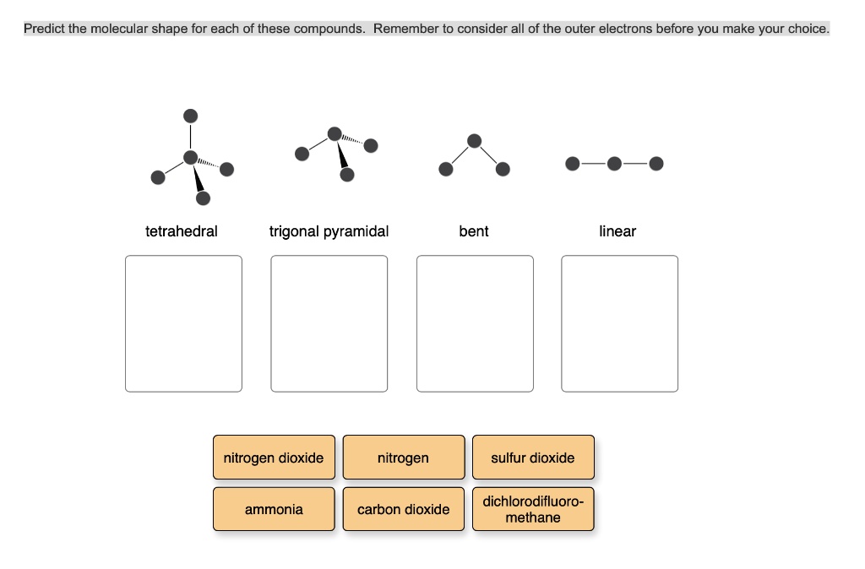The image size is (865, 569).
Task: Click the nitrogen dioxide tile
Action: click(x=274, y=458)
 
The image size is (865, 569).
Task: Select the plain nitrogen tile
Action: click(x=403, y=458)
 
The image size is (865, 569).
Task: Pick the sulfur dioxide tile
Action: click(x=533, y=458)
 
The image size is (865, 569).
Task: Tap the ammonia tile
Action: click(x=274, y=509)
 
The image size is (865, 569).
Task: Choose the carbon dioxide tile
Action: click(x=403, y=509)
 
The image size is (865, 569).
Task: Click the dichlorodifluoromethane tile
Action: click(x=533, y=509)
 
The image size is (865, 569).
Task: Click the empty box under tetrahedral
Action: click(x=183, y=323)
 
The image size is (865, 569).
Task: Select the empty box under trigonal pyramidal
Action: click(x=329, y=323)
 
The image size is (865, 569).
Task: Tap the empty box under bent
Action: click(x=475, y=323)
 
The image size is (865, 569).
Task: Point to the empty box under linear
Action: click(x=619, y=323)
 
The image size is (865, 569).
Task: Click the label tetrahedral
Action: click(x=182, y=231)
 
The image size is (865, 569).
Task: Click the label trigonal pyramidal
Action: click(x=329, y=231)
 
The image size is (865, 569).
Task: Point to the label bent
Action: click(x=474, y=231)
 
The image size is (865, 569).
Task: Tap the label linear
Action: click(x=617, y=231)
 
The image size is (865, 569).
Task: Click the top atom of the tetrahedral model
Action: click(x=191, y=116)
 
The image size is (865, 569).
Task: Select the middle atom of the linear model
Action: click(x=615, y=163)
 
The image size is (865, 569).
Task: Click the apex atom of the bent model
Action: click(x=475, y=140)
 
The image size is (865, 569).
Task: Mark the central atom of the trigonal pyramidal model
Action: click(x=335, y=134)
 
